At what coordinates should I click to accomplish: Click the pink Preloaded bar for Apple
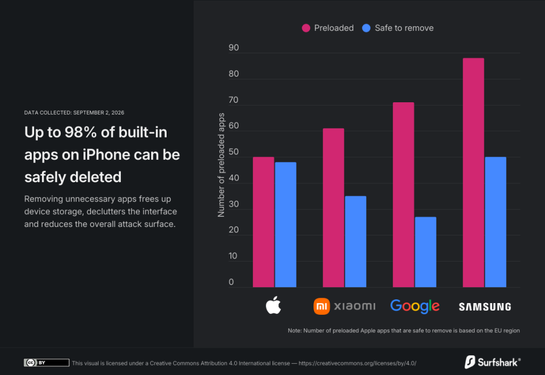tap(263, 222)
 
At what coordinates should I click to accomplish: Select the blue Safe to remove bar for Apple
tap(286, 225)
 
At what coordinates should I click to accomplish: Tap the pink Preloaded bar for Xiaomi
tap(333, 208)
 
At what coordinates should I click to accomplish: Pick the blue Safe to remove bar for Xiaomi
tap(356, 242)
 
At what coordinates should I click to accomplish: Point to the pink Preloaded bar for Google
tap(403, 195)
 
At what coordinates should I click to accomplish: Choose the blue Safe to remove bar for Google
tap(426, 252)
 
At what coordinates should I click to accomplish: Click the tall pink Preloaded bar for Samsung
tap(473, 173)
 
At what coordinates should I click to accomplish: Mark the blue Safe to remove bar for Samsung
tap(496, 222)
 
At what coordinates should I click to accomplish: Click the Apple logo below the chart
tap(274, 305)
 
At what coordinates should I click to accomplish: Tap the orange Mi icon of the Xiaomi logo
tap(321, 306)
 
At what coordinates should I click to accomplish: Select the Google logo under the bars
tap(415, 306)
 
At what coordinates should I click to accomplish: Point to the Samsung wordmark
tap(485, 307)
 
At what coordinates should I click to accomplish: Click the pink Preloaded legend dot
tap(306, 28)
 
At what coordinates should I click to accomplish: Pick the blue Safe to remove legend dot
tap(366, 28)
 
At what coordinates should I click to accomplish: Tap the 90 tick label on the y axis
tap(234, 47)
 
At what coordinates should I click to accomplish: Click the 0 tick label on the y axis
tap(231, 282)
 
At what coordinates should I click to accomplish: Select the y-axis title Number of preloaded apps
tap(221, 165)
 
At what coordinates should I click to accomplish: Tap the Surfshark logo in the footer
tap(492, 362)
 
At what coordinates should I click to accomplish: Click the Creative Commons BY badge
tap(47, 362)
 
